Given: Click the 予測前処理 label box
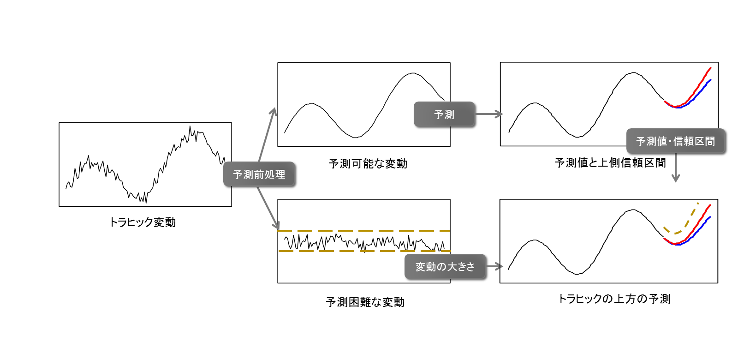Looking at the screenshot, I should coord(259,174).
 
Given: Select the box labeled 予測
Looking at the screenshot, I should coord(444,114).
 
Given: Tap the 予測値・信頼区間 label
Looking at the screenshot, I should coord(675,141).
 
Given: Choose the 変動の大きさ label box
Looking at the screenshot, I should coord(445,266).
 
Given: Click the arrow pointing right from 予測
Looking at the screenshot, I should coord(489,114).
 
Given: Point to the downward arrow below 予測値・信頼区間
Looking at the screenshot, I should coord(676,168).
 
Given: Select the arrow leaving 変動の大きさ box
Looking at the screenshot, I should coord(494,266).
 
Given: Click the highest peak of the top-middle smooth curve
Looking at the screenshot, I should coord(412,73).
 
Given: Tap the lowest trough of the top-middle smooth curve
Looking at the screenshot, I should coord(355,137).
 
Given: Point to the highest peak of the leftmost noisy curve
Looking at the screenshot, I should coord(190,128).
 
